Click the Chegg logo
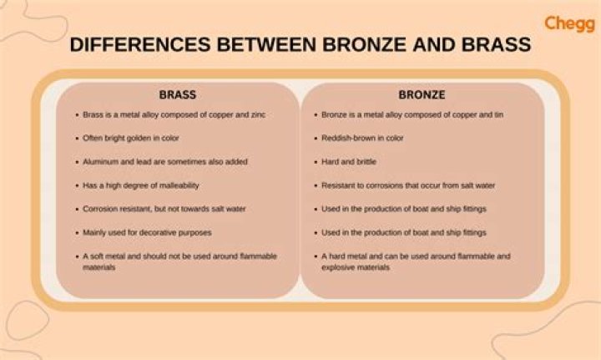click(x=569, y=24)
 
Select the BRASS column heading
click(x=177, y=94)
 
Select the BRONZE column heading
click(x=422, y=94)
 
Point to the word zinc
click(x=258, y=114)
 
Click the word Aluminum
click(x=103, y=161)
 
